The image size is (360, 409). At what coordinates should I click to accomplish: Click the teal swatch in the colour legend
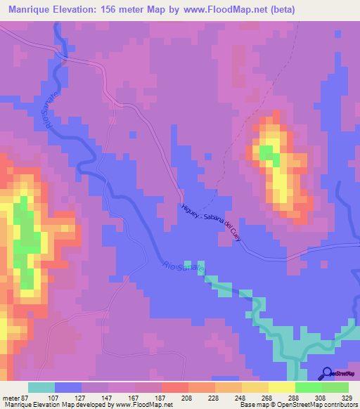coord(41,387)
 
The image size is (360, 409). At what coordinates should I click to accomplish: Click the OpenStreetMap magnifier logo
coord(327,374)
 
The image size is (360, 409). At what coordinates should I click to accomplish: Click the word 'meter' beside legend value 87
coord(11,398)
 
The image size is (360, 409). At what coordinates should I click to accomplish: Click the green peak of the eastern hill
coord(267,152)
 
